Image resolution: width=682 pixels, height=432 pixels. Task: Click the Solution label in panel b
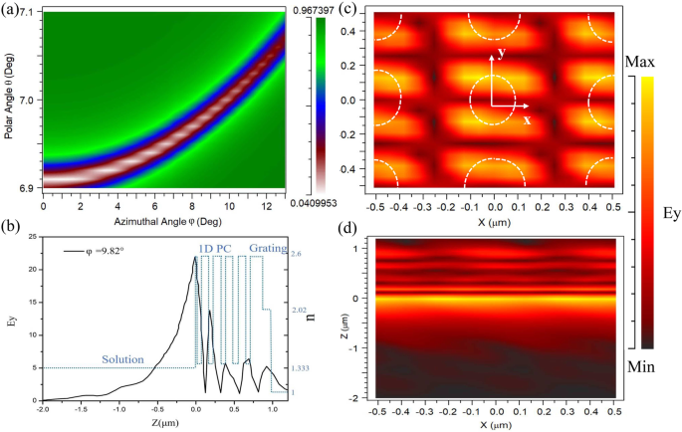(x=124, y=357)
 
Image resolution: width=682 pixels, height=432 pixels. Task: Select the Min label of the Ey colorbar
(x=639, y=367)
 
